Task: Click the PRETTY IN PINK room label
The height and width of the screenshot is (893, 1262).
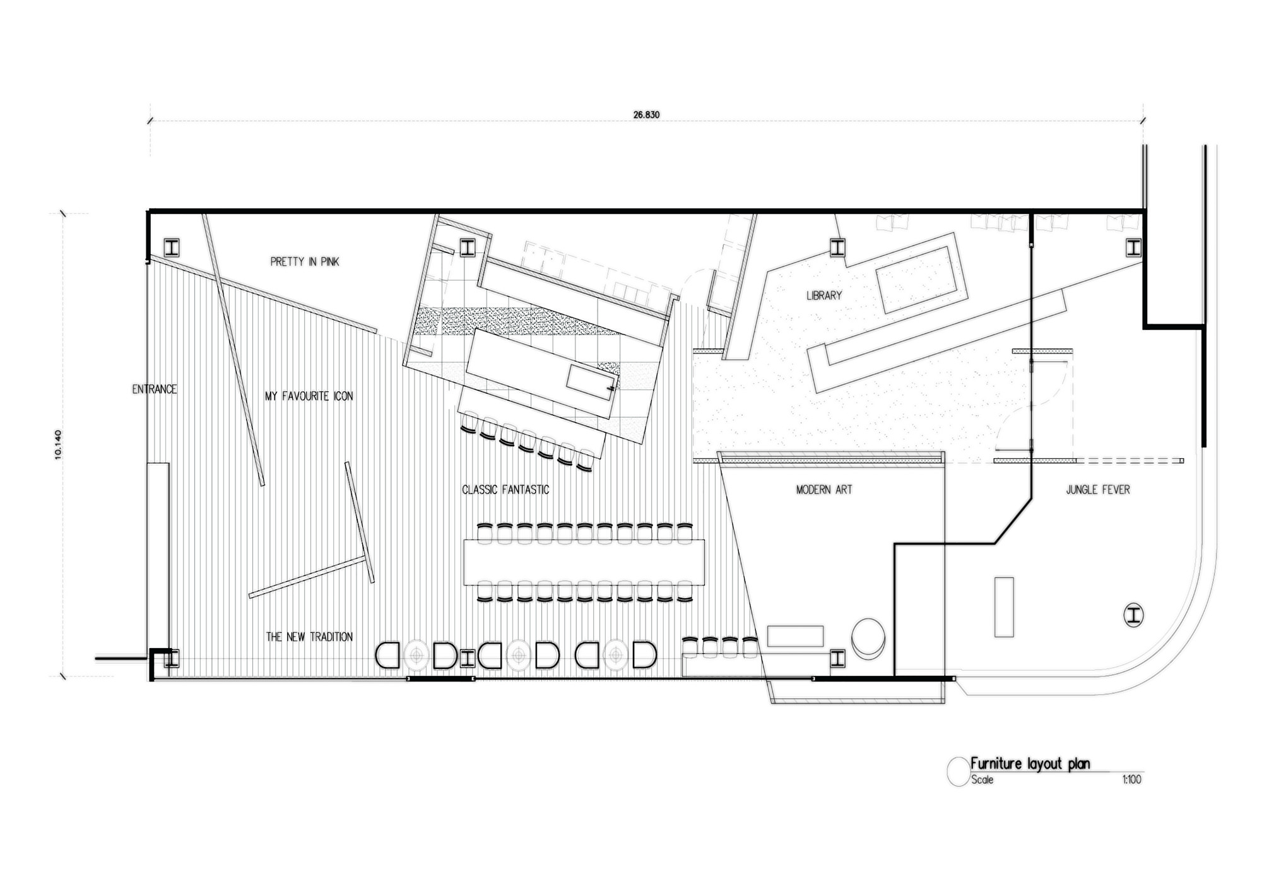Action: point(305,262)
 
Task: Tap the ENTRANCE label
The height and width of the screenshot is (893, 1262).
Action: point(155,389)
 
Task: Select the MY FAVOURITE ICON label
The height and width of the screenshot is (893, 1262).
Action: point(309,396)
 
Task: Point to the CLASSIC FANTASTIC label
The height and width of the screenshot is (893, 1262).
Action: point(505,490)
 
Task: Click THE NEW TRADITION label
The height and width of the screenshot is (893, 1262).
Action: point(309,637)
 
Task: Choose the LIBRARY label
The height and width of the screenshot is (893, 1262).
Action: point(824,295)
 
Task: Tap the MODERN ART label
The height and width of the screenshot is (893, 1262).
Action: point(824,490)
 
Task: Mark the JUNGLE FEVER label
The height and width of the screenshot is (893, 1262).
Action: point(1098,490)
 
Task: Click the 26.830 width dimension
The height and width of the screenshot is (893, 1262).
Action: point(647,115)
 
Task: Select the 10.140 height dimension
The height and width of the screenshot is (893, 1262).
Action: point(58,444)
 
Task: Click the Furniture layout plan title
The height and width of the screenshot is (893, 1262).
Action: point(1030,764)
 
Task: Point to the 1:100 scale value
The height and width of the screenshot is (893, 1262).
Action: point(1132,780)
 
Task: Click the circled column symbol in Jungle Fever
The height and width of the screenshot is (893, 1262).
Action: point(1134,615)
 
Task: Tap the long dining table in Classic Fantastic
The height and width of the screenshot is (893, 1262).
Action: point(584,562)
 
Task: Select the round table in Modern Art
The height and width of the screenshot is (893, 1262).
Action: point(868,637)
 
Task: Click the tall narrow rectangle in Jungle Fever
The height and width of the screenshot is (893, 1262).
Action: point(1004,607)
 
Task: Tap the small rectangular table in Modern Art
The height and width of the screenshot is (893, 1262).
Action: point(796,636)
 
